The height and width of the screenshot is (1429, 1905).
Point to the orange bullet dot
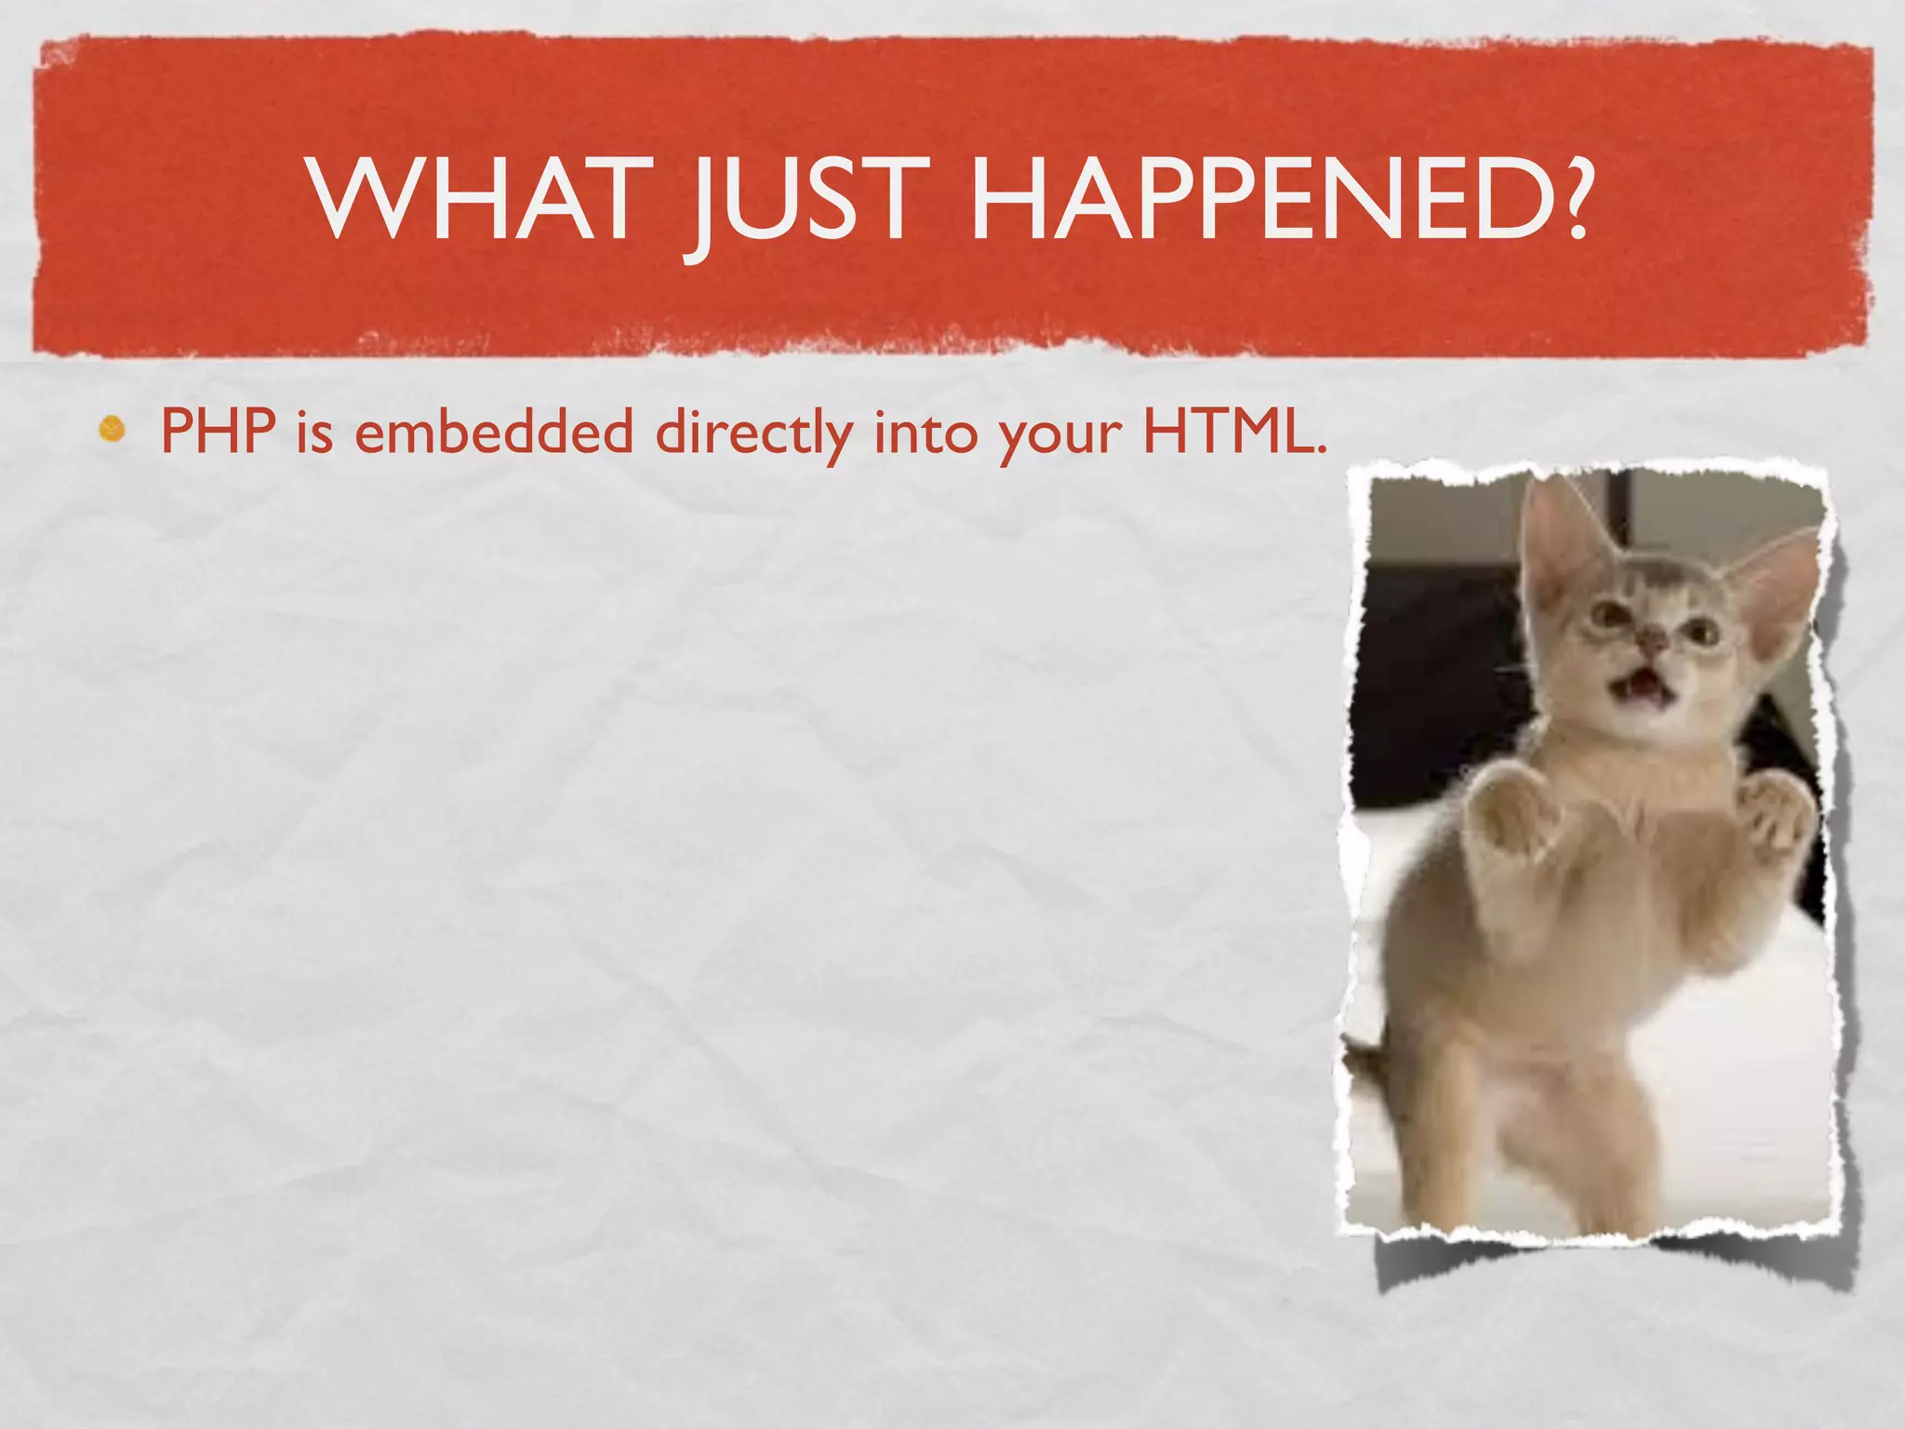pyautogui.click(x=113, y=430)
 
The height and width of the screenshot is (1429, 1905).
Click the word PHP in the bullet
pyautogui.click(x=219, y=432)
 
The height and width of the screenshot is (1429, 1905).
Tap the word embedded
pyautogui.click(x=494, y=432)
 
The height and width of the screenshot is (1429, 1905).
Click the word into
pyautogui.click(x=926, y=432)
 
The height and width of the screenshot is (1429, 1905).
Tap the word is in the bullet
pyautogui.click(x=314, y=432)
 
